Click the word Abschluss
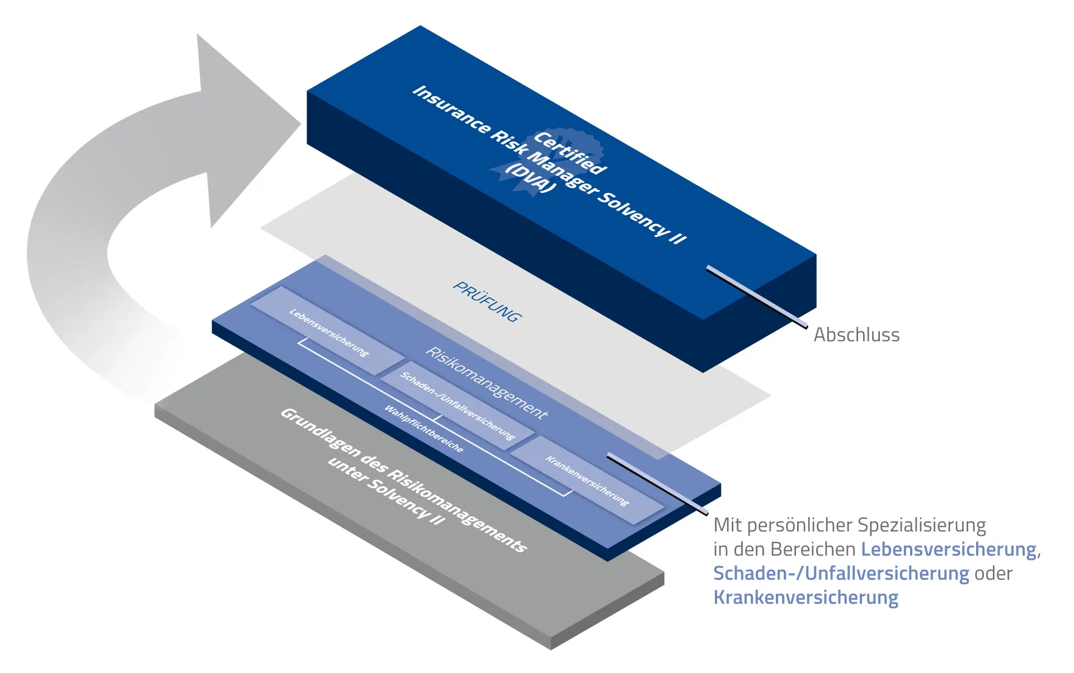[x=856, y=335]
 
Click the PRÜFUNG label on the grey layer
[x=487, y=302]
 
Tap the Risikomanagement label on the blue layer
[x=487, y=383]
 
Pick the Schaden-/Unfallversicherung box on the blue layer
[x=457, y=406]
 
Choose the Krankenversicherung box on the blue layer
[x=587, y=481]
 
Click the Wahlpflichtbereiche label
[x=423, y=429]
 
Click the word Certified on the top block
[x=570, y=153]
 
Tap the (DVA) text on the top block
[x=531, y=178]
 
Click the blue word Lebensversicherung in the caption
[x=948, y=549]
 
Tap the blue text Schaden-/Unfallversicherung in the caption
[x=841, y=573]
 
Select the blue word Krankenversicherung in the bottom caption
[x=805, y=597]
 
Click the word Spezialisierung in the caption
[x=921, y=525]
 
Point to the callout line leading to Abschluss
[x=757, y=297]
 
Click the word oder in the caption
[x=993, y=573]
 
